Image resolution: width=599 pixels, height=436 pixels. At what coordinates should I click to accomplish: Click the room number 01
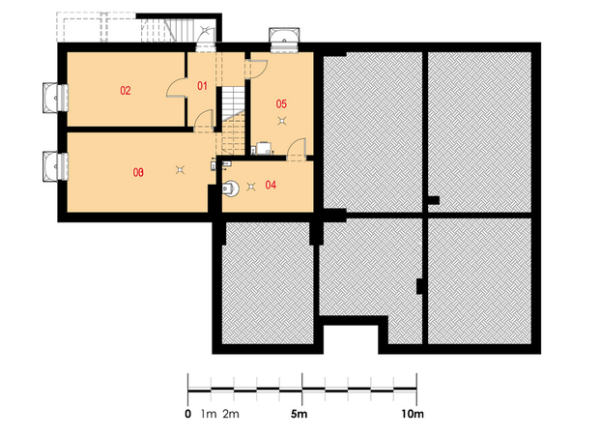pyautogui.click(x=202, y=86)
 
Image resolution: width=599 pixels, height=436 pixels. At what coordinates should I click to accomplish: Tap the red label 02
pyautogui.click(x=126, y=91)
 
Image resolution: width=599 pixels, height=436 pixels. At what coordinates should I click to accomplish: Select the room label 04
pyautogui.click(x=271, y=186)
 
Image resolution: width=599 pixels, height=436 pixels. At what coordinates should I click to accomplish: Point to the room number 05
pyautogui.click(x=281, y=104)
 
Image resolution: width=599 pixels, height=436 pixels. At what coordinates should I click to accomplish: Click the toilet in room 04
pyautogui.click(x=231, y=189)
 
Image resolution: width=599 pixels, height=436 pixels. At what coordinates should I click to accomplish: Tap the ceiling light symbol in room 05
pyautogui.click(x=282, y=121)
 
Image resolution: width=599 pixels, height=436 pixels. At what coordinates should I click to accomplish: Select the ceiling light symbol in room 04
pyautogui.click(x=251, y=187)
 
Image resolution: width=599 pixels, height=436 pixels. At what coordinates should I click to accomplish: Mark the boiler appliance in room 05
pyautogui.click(x=264, y=148)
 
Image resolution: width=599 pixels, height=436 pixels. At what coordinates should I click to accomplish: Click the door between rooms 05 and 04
pyautogui.click(x=297, y=149)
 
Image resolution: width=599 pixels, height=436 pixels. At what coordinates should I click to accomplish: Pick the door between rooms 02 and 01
pyautogui.click(x=176, y=88)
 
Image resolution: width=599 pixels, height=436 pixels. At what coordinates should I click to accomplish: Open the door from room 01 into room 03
pyautogui.click(x=204, y=121)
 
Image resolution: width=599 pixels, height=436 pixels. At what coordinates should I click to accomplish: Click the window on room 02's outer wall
pyautogui.click(x=55, y=98)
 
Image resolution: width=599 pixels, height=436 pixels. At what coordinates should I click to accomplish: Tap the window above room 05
pyautogui.click(x=284, y=40)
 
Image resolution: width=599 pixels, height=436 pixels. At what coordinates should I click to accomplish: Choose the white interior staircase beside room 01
pyautogui.click(x=233, y=102)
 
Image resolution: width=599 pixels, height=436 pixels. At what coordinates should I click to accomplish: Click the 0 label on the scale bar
pyautogui.click(x=187, y=414)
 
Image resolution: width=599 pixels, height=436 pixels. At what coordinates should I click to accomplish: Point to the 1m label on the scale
pyautogui.click(x=209, y=414)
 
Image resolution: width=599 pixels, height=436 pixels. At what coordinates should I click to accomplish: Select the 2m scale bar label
pyautogui.click(x=231, y=414)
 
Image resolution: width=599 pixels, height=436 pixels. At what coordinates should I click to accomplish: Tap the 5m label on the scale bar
pyautogui.click(x=299, y=414)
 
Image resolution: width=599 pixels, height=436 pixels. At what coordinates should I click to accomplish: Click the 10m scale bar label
pyautogui.click(x=413, y=414)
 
